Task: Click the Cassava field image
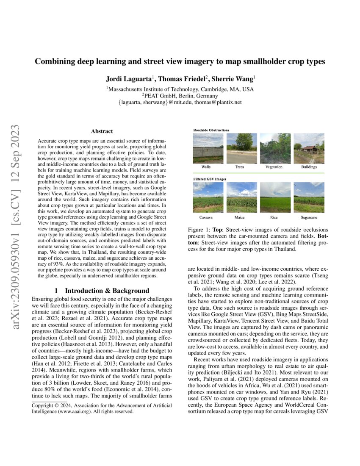(208, 197)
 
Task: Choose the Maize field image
(241, 197)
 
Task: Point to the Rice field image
(275, 197)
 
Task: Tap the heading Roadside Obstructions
(211, 130)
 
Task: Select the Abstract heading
(102, 132)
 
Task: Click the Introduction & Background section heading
(102, 291)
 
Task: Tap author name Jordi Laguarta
(130, 79)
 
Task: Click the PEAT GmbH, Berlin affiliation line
(180, 96)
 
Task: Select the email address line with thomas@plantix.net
(180, 103)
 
